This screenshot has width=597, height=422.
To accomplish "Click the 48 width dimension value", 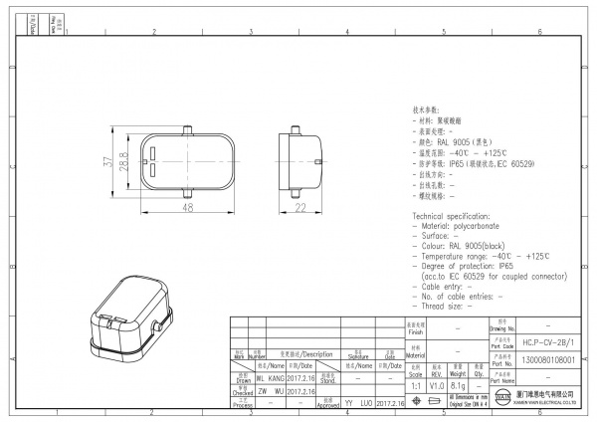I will click(186, 208).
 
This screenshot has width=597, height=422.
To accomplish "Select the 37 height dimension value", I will click(107, 158).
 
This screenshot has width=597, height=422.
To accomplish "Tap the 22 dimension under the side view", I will click(299, 208).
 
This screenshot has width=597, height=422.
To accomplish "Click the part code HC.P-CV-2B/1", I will click(541, 341).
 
